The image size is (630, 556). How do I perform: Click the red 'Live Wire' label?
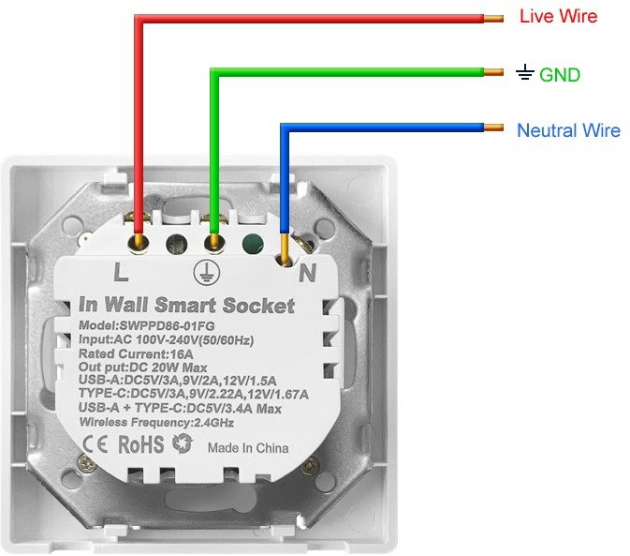coord(558,16)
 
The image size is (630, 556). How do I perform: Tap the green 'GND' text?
coord(559,75)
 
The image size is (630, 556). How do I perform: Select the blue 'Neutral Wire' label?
coord(568,130)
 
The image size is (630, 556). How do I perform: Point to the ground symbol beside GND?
coord(525,72)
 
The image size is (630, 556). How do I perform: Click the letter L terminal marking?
coord(121,272)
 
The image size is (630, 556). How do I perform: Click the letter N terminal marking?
coord(307,273)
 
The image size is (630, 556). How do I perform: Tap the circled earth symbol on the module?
coord(207,272)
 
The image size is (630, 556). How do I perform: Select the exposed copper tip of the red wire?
coord(493,18)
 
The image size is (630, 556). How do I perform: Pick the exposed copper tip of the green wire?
coord(493,72)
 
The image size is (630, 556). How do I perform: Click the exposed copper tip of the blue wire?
coord(493,128)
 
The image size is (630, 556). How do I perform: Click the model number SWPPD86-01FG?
coord(167,325)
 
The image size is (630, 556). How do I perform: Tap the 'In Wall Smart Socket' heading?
coord(187,305)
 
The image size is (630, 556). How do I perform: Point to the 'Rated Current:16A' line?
coord(136,354)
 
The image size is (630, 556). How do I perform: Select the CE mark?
coord(95,444)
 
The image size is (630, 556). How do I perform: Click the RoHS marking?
coord(141,444)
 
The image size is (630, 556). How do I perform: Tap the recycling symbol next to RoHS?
coord(183,443)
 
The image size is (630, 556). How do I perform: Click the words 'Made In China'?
coord(248,448)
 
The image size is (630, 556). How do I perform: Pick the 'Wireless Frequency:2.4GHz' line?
coord(156,423)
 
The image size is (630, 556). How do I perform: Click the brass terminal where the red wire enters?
coord(139,244)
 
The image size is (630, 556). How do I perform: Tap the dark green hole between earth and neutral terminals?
coord(253,244)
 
